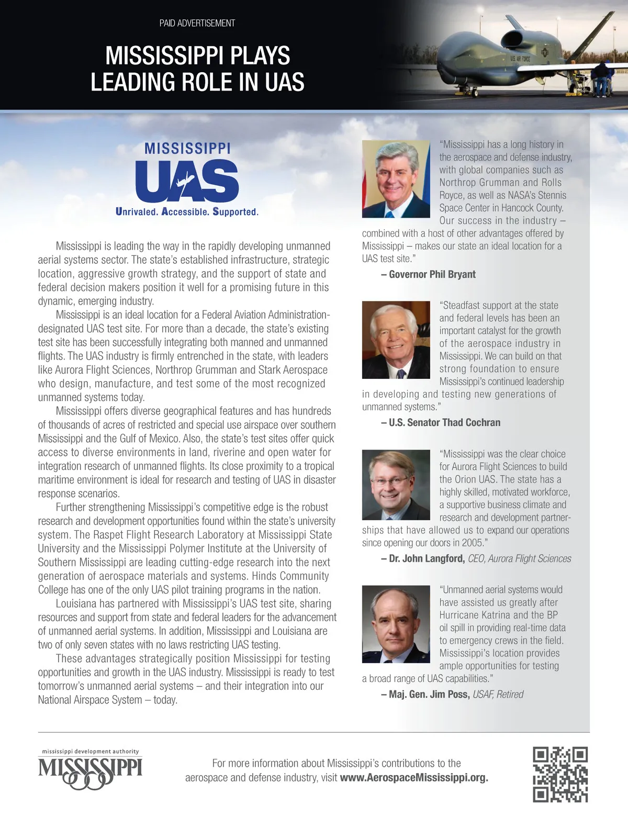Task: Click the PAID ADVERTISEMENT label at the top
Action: tap(197, 23)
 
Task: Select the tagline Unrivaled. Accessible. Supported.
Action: tap(187, 212)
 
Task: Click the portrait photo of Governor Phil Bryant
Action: tap(396, 179)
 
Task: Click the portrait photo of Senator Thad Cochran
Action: tap(396, 340)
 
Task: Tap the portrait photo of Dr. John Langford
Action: tap(396, 485)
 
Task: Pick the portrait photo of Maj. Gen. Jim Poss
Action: tap(396, 624)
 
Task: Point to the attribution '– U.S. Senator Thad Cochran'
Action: tap(441, 422)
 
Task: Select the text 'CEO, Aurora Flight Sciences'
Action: tap(519, 558)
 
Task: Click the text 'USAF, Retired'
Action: tap(498, 694)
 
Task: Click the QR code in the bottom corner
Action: tap(560, 774)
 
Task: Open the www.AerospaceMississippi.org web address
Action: tap(414, 777)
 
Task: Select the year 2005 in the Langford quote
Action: tap(473, 543)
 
